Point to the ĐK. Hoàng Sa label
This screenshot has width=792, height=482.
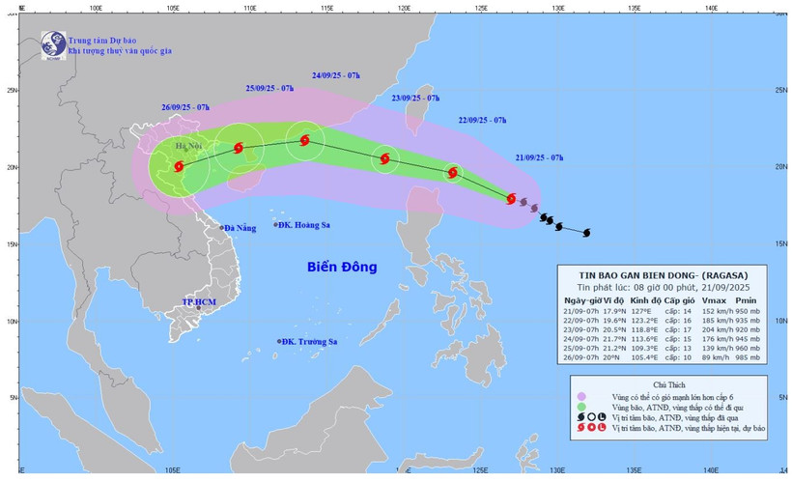305,225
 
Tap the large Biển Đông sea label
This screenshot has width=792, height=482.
342,267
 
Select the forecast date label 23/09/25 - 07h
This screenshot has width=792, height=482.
415,99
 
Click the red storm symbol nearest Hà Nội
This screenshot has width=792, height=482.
179,166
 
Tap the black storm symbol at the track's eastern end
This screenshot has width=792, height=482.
586,232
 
